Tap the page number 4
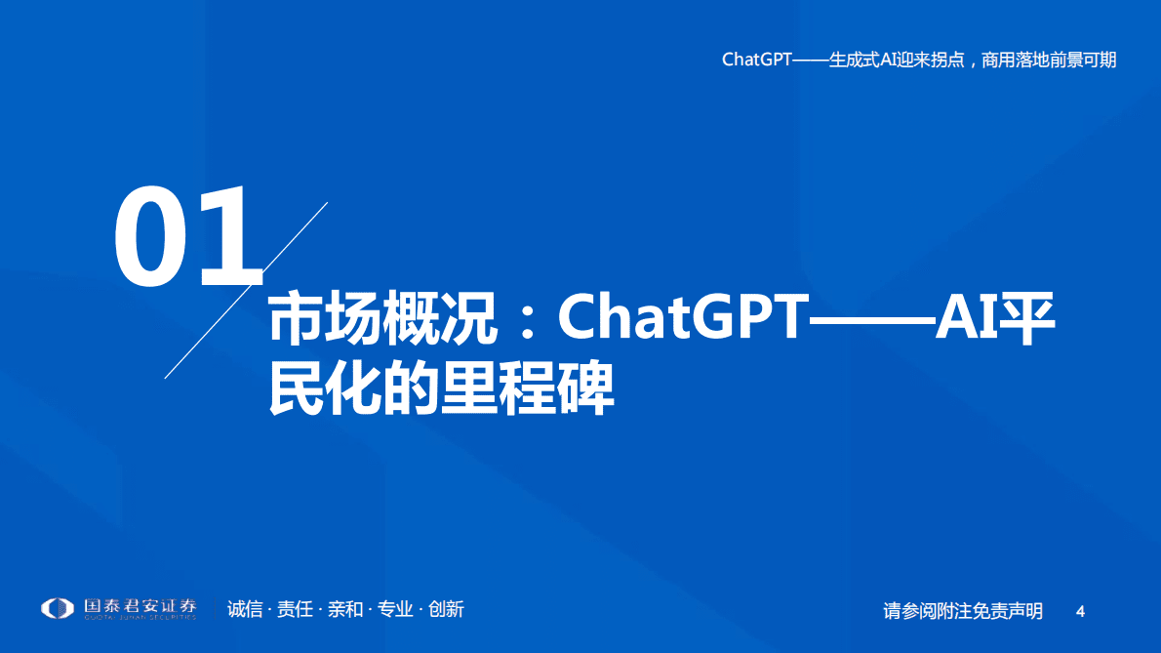pos(1080,611)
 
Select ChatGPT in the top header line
pos(756,61)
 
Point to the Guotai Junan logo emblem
pos(57,608)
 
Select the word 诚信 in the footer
pos(245,610)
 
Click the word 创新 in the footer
pos(446,610)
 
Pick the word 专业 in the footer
pos(395,610)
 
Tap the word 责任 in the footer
pos(295,610)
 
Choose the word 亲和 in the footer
pos(344,610)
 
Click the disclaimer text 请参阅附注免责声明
pos(963,611)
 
